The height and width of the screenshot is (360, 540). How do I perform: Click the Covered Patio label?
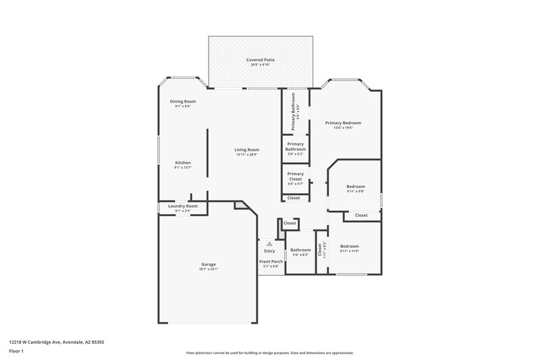[260, 59]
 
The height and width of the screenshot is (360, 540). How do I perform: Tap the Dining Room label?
[182, 101]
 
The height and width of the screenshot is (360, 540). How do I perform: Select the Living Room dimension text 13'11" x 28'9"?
[247, 155]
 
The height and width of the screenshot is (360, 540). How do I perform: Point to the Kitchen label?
[182, 163]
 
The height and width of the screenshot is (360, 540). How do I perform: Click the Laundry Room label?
[182, 206]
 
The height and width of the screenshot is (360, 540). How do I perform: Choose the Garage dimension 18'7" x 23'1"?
[208, 269]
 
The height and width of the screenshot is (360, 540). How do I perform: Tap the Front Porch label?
[271, 261]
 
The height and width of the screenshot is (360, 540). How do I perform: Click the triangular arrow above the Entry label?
[269, 244]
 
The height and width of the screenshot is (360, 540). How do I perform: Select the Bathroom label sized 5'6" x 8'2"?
[300, 250]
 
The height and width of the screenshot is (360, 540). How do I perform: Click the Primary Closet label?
[295, 176]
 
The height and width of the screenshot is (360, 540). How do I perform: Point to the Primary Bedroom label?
[343, 123]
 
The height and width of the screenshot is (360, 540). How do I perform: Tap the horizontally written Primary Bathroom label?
[295, 146]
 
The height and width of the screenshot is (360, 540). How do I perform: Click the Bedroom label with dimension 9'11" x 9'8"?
[356, 186]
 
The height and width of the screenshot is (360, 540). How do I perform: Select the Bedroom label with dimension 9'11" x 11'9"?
[349, 246]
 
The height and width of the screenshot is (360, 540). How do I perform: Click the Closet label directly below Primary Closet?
[294, 198]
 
